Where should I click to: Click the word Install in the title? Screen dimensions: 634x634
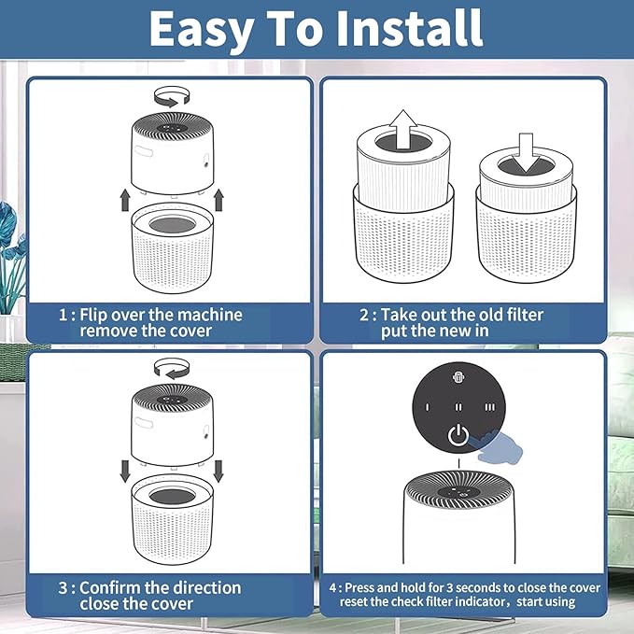[409, 28]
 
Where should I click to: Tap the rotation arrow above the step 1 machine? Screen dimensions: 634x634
[172, 97]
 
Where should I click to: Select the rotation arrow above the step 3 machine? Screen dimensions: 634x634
[172, 368]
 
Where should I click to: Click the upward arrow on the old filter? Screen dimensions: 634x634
[403, 130]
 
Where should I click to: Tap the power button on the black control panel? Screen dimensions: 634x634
[458, 435]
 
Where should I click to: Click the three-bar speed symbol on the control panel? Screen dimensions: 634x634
[489, 407]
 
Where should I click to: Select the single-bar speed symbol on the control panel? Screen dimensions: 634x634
[428, 407]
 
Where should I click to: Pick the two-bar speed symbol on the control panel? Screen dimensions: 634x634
[458, 407]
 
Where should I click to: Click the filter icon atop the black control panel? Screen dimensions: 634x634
[458, 377]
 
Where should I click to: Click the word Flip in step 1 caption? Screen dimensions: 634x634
[93, 315]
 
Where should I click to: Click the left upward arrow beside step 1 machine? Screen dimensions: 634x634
[125, 200]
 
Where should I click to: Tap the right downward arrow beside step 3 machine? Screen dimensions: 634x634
[218, 471]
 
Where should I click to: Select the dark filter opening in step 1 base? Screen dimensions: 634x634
[172, 224]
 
